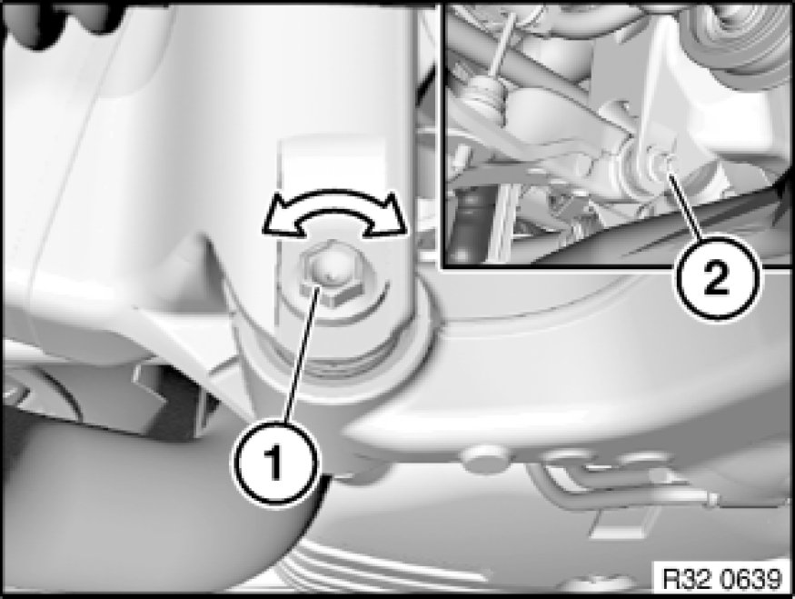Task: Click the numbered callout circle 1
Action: point(277,462)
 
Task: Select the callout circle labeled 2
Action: point(717,278)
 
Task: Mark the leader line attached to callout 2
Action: point(685,206)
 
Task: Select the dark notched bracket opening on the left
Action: point(173,391)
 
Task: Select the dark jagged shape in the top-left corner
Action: point(61,23)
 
